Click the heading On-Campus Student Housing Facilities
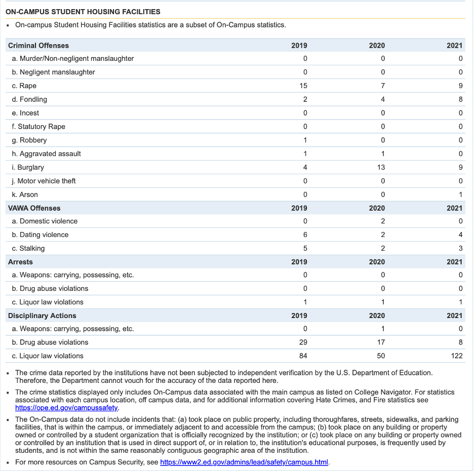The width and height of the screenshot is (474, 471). (84, 12)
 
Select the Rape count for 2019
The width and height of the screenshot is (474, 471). (303, 86)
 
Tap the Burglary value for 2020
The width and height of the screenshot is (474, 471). (381, 167)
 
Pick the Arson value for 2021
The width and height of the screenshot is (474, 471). (460, 194)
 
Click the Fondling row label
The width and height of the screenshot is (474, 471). (33, 100)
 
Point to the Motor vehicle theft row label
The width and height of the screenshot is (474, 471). (48, 181)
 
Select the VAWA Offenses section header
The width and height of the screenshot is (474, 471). (34, 208)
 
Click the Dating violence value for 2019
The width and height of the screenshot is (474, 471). (305, 235)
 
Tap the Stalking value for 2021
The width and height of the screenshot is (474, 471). (460, 248)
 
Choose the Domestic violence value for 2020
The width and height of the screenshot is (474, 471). (383, 221)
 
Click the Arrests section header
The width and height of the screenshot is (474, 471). (20, 262)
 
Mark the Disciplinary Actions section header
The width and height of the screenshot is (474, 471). (42, 316)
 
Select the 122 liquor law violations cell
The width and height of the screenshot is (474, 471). (457, 356)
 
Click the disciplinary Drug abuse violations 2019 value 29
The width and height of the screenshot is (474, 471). (303, 342)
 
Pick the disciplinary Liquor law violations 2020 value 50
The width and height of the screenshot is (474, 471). (381, 356)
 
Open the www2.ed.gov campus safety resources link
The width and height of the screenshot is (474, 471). (244, 462)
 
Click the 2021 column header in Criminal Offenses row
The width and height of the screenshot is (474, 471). (454, 46)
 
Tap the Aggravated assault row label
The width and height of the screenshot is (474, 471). (50, 154)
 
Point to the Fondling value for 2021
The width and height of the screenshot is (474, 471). (460, 100)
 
